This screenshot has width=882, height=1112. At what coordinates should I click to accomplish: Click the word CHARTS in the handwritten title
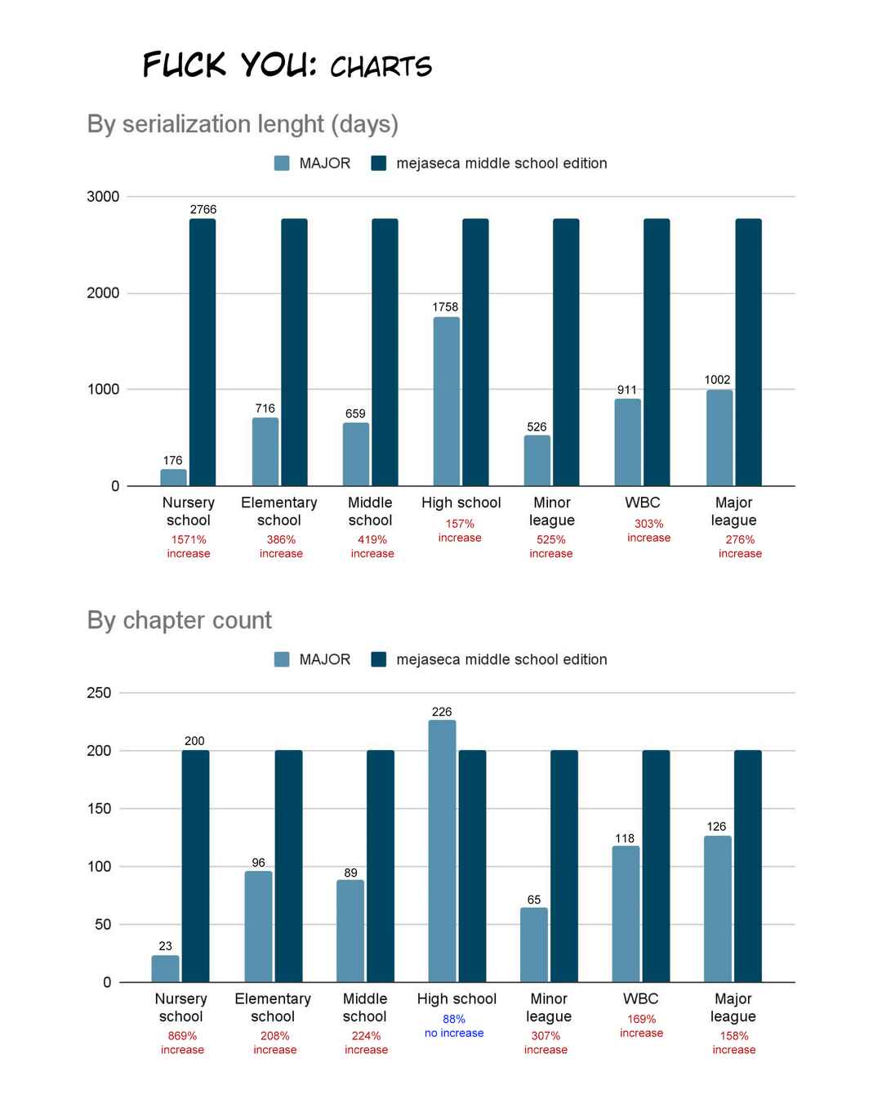pyautogui.click(x=381, y=67)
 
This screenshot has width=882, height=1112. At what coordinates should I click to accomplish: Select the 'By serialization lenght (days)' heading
pyautogui.click(x=243, y=124)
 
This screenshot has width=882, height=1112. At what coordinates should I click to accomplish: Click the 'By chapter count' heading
pyautogui.click(x=179, y=620)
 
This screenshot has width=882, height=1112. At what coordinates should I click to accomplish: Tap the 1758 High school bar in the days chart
pyautogui.click(x=446, y=401)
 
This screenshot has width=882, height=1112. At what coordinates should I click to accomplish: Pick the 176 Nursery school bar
pyautogui.click(x=173, y=477)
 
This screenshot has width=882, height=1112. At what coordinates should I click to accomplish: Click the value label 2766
pyautogui.click(x=203, y=209)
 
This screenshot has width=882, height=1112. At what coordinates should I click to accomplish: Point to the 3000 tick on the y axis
pyautogui.click(x=103, y=196)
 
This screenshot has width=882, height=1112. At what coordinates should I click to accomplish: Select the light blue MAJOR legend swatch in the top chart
pyautogui.click(x=282, y=163)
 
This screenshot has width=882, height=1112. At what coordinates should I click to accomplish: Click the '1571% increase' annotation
pyautogui.click(x=189, y=546)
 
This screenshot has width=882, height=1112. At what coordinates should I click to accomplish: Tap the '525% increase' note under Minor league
pyautogui.click(x=550, y=546)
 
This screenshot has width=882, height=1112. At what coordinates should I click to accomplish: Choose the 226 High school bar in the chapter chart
pyautogui.click(x=442, y=851)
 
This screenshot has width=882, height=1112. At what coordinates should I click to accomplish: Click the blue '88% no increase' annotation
pyautogui.click(x=454, y=1025)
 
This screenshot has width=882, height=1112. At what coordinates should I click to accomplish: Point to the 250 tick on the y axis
pyautogui.click(x=99, y=692)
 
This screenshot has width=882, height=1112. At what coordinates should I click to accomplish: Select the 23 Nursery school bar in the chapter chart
pyautogui.click(x=165, y=969)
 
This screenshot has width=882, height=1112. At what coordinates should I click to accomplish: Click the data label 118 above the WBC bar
pyautogui.click(x=625, y=838)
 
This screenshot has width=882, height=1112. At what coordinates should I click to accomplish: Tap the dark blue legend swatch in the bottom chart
pyautogui.click(x=379, y=659)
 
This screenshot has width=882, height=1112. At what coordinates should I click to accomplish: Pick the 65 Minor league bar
pyautogui.click(x=534, y=945)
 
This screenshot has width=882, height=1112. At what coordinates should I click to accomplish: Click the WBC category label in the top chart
pyautogui.click(x=642, y=502)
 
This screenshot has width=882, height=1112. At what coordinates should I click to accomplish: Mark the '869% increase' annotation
pyautogui.click(x=182, y=1043)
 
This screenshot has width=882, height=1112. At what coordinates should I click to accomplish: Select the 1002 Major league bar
pyautogui.click(x=719, y=438)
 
